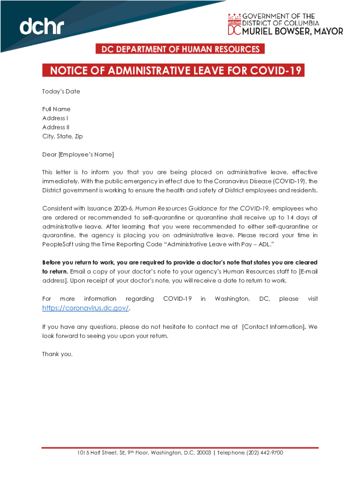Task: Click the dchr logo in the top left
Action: pos(42,27)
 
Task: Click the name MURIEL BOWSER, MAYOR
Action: pos(292,31)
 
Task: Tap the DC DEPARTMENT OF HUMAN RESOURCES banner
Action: pos(178,49)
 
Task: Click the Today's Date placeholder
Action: pos(61,92)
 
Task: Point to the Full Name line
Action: pos(56,109)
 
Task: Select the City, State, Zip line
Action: pos(62,137)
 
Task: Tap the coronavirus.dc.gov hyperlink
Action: pos(85,308)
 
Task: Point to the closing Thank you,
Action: pos(57,354)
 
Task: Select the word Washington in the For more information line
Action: pos(232,298)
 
